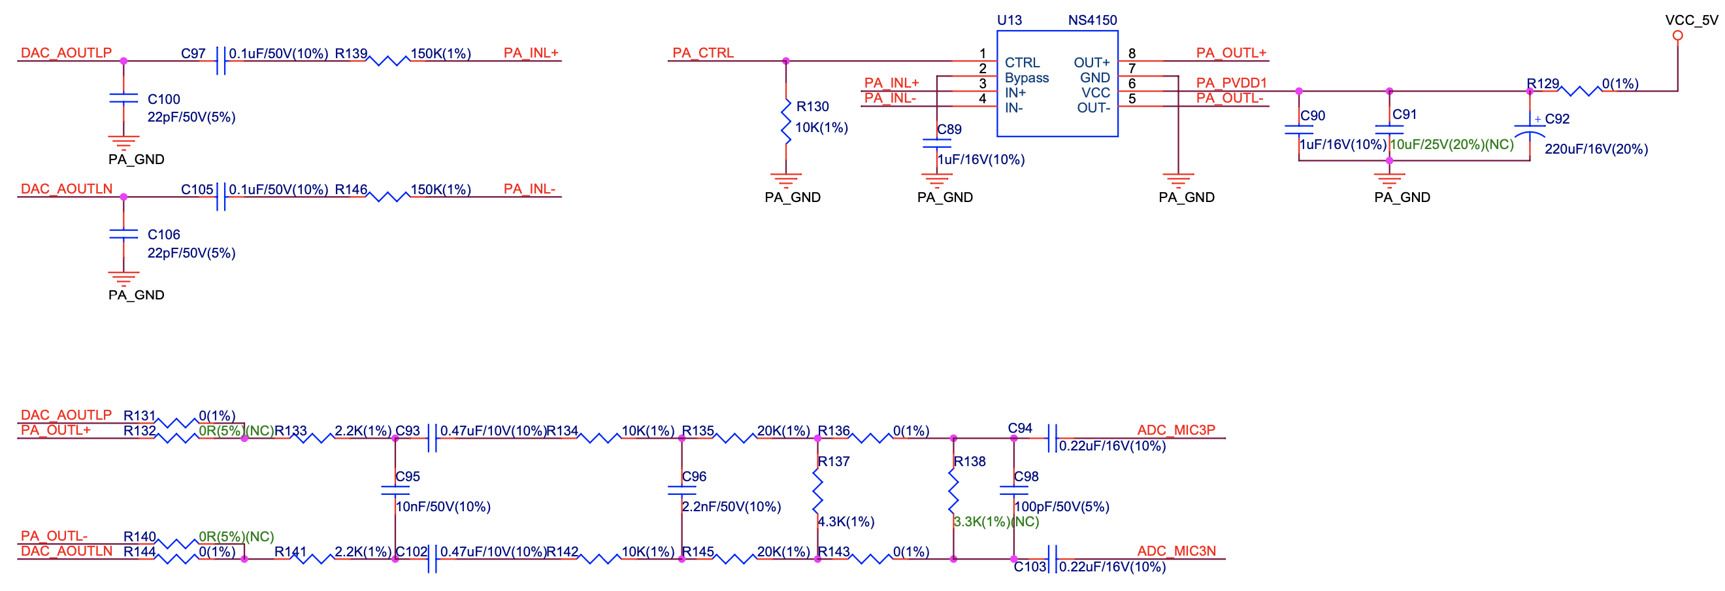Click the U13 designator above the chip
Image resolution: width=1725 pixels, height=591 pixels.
(x=1009, y=20)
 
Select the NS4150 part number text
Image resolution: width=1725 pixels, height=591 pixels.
(x=1092, y=20)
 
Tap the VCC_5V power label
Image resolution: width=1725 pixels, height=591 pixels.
(x=1691, y=20)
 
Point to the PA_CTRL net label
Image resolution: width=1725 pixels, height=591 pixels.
(x=702, y=52)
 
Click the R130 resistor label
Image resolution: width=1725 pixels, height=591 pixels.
(x=812, y=106)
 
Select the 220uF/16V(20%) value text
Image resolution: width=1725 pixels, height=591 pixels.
(x=1596, y=149)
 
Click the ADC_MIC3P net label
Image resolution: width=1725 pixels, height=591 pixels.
(x=1176, y=430)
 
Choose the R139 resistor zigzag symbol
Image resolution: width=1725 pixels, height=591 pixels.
(x=387, y=61)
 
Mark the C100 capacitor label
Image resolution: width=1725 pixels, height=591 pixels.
(x=163, y=99)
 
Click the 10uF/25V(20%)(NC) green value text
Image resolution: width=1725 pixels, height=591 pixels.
(x=1451, y=144)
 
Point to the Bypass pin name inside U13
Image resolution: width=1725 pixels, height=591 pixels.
(x=1027, y=78)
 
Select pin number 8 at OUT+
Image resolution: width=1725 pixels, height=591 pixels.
(x=1132, y=53)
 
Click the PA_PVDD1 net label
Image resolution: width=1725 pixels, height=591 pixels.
(x=1232, y=82)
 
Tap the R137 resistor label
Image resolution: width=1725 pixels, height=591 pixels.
(x=833, y=461)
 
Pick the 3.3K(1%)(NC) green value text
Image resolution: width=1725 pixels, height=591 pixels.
(x=996, y=521)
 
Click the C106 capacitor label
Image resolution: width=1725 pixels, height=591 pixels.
(x=163, y=235)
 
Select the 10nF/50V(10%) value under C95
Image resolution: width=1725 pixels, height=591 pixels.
(x=442, y=507)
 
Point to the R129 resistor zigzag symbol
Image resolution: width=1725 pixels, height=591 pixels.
(x=1579, y=91)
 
